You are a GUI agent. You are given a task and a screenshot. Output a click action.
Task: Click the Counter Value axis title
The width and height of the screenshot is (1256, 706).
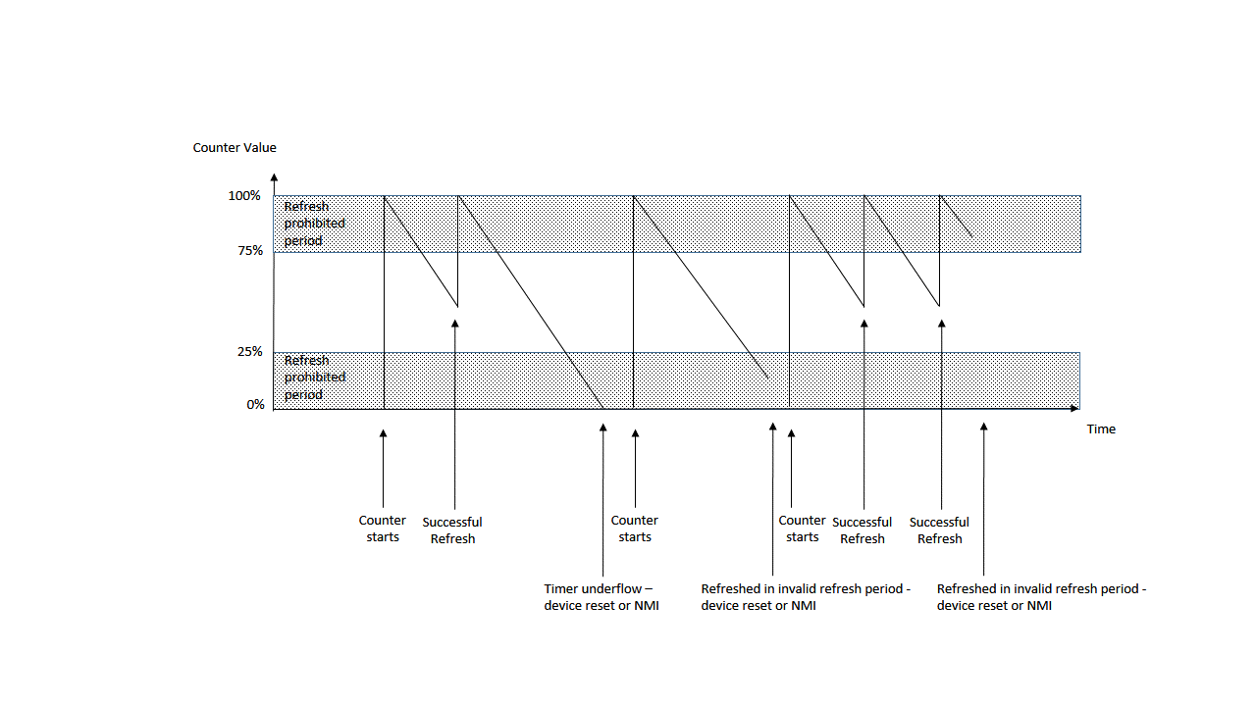[x=235, y=148]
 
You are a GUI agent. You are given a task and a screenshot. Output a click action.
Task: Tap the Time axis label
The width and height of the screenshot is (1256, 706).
[x=1101, y=429]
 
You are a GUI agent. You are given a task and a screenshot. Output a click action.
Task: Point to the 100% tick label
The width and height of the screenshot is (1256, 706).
[x=244, y=196]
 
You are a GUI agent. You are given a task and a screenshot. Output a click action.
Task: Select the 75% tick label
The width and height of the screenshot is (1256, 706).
[x=248, y=251]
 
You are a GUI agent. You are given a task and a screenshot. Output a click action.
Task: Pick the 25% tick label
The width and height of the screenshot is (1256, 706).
[x=249, y=352]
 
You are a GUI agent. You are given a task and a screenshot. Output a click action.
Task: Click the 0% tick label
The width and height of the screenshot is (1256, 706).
[x=255, y=404]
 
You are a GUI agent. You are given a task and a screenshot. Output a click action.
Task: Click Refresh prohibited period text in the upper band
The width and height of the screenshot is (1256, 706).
[x=314, y=224]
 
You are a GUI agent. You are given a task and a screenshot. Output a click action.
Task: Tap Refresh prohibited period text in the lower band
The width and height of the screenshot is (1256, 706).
[x=314, y=378]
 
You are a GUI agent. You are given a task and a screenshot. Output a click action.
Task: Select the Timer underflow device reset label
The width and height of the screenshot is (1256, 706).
[x=602, y=597]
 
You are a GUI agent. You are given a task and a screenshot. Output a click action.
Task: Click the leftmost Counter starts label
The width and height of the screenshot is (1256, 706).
[x=383, y=529]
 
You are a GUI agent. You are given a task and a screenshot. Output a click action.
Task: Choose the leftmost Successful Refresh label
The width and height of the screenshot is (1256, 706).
[x=452, y=530]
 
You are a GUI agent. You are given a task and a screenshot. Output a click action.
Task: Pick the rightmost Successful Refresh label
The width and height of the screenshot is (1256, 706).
[x=939, y=530]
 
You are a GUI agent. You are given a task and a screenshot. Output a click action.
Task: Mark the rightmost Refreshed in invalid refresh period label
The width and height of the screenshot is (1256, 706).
[x=1041, y=597]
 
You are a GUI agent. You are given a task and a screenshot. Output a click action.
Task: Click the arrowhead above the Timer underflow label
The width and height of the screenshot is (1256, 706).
[x=602, y=428]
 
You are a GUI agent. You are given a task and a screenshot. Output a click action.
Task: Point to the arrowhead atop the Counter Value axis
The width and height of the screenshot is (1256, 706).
[x=274, y=177]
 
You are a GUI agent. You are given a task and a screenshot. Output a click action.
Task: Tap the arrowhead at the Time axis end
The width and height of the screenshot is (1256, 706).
[x=1076, y=407]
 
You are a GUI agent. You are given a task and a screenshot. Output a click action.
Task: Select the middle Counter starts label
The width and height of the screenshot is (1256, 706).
[x=635, y=529]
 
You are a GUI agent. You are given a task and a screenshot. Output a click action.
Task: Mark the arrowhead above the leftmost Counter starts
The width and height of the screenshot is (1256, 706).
[x=383, y=433]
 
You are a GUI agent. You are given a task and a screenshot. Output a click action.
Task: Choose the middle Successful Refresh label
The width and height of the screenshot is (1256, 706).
[x=863, y=530]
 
